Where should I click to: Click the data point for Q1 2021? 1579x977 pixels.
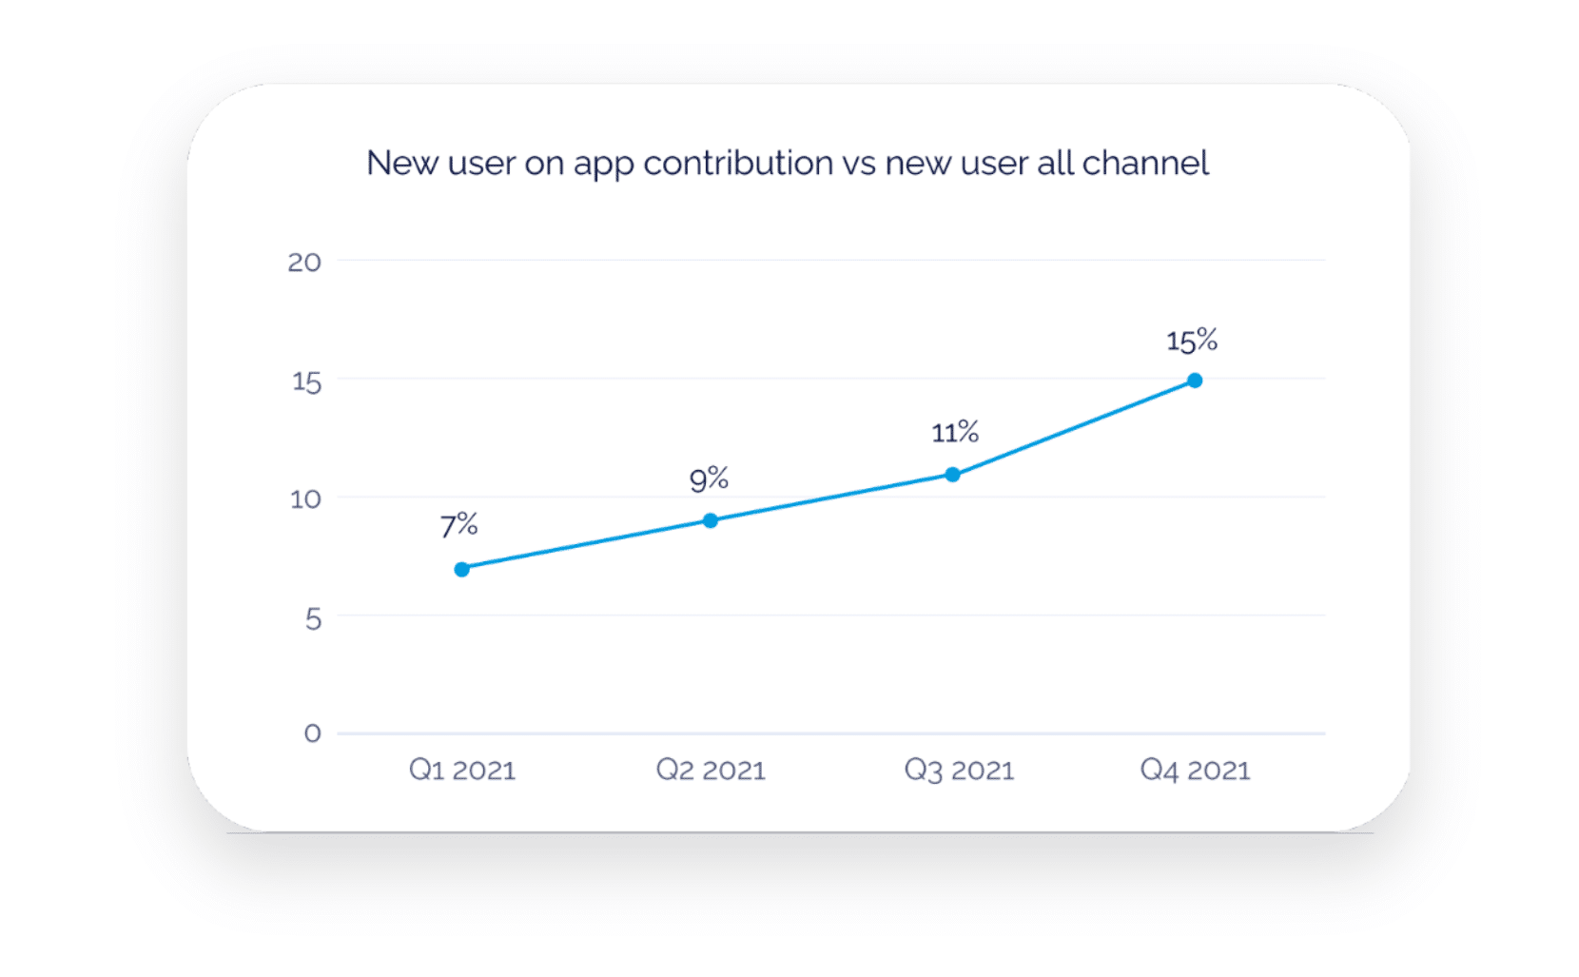pyautogui.click(x=461, y=569)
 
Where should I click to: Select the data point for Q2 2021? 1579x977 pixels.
pyautogui.click(x=711, y=520)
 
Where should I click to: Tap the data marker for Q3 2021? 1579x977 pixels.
pyautogui.click(x=952, y=475)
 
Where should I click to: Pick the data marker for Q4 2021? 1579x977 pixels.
pyautogui.click(x=1195, y=381)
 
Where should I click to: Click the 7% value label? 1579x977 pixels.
pyautogui.click(x=458, y=525)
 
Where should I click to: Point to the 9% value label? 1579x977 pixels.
pyautogui.click(x=709, y=479)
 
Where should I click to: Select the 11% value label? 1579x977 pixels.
pyautogui.click(x=955, y=433)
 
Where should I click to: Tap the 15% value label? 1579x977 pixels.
pyautogui.click(x=1192, y=341)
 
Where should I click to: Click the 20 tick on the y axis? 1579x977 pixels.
pyautogui.click(x=304, y=263)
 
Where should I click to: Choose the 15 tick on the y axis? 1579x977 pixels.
pyautogui.click(x=306, y=381)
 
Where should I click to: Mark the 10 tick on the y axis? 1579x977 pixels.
pyautogui.click(x=305, y=498)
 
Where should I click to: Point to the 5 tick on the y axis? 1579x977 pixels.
pyautogui.click(x=313, y=619)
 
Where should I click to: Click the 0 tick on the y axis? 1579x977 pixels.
pyautogui.click(x=312, y=733)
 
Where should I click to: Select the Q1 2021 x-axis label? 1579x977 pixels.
pyautogui.click(x=462, y=770)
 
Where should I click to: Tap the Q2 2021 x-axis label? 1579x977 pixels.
pyautogui.click(x=711, y=770)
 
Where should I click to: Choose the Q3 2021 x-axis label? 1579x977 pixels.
pyautogui.click(x=959, y=770)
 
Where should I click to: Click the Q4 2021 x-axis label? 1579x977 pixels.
pyautogui.click(x=1195, y=770)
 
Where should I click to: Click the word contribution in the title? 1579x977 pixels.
pyautogui.click(x=738, y=164)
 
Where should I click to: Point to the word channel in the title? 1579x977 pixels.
pyautogui.click(x=1145, y=164)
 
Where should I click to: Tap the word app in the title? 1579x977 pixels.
pyautogui.click(x=603, y=166)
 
